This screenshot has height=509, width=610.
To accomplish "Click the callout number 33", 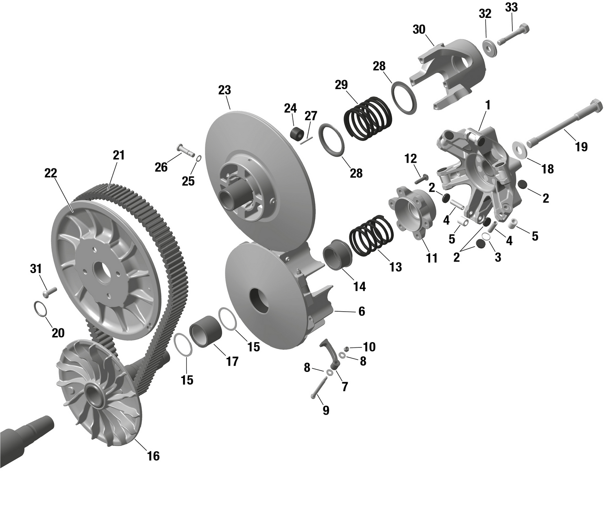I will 511,7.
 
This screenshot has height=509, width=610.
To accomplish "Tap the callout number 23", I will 224,90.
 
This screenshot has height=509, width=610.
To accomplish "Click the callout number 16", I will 153,456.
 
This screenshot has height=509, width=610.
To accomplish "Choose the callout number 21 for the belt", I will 119,155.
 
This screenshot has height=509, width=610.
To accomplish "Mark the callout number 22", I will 51,173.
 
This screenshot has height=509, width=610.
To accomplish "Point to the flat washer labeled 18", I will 518,149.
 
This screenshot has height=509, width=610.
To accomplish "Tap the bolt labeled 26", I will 185,150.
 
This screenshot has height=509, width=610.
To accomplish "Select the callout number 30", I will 419,30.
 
